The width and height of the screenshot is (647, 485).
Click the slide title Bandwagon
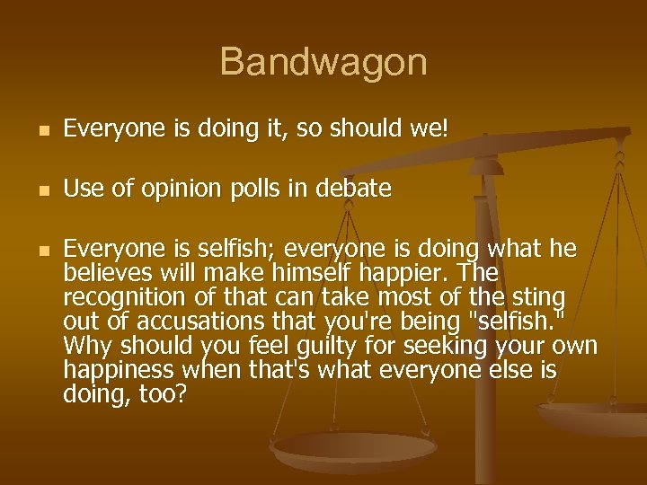click(x=323, y=63)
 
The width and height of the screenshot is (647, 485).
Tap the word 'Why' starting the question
click(x=84, y=346)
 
